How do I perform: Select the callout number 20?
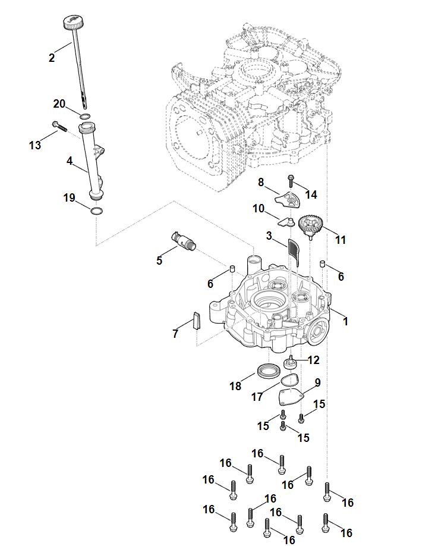pos(59,103)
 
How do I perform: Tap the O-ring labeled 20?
pos(85,115)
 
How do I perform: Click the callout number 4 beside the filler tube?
pos(70,161)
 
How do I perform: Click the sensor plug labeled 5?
pos(182,240)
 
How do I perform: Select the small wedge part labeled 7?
pos(197,321)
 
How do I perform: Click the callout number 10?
pos(259,208)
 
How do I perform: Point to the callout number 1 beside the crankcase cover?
pos(346,321)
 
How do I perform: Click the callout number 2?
pos(52,58)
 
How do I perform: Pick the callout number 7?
pos(175,334)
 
